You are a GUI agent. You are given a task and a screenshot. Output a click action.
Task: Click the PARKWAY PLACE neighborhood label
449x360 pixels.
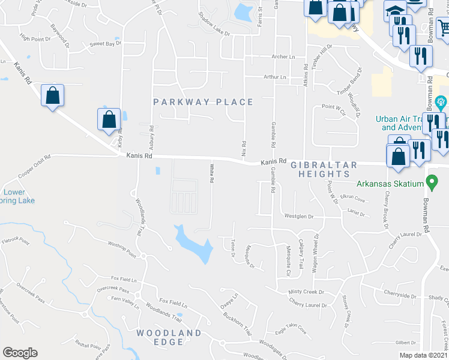[x=203, y=102]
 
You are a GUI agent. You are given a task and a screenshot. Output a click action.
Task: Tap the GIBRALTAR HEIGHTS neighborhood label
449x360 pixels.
[x=324, y=169]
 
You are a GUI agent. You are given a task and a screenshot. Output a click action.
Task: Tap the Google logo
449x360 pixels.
[x=20, y=353]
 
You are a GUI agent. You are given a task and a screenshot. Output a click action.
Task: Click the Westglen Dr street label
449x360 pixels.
[x=299, y=216]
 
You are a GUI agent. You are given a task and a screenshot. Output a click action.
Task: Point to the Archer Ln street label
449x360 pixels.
[x=284, y=57]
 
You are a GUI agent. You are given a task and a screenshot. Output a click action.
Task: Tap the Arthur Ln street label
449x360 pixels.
[x=275, y=77]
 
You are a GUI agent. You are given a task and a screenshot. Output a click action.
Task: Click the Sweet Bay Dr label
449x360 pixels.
[x=105, y=44]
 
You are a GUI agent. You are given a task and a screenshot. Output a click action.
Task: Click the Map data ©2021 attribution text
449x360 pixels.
[x=424, y=355]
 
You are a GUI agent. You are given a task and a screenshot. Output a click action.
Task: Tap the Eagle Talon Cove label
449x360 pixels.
[x=291, y=331]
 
